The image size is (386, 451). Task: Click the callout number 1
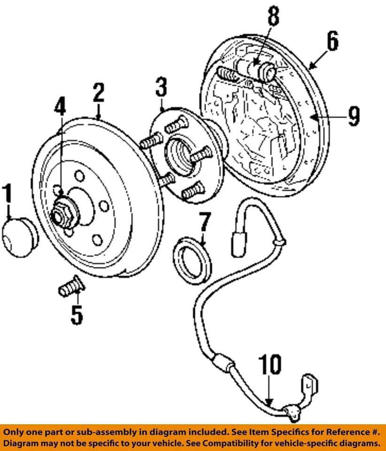tap(8, 195)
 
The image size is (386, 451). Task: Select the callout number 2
tap(98, 93)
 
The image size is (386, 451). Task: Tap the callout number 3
tap(162, 87)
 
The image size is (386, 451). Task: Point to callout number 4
tap(60, 113)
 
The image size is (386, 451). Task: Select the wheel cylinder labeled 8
tap(256, 69)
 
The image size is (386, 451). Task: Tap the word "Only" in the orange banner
tap(18, 432)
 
